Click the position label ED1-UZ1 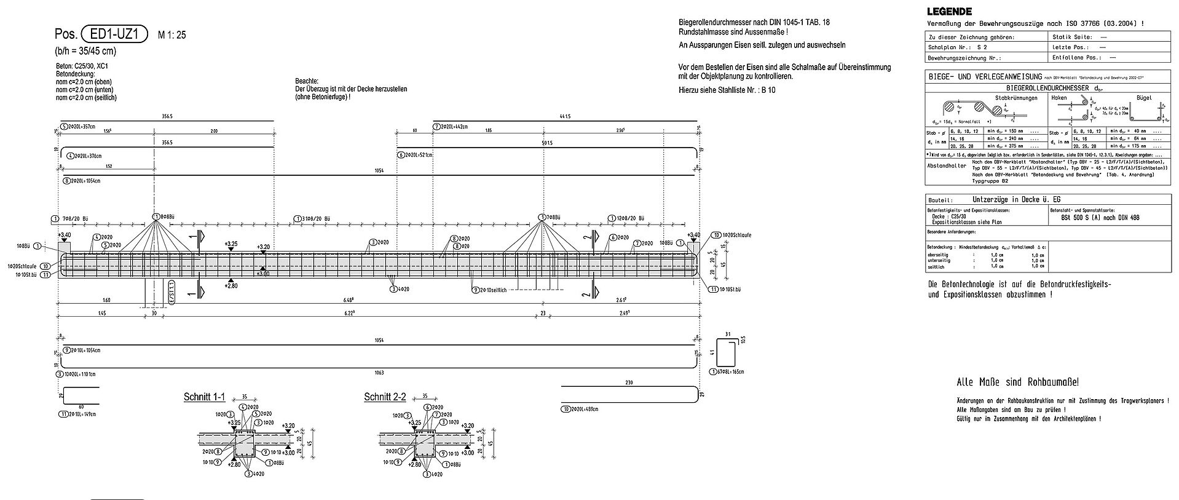115,34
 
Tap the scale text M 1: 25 172,35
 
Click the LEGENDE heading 949,11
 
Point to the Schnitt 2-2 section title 385,397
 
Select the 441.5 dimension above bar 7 564,116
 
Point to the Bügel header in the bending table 1143,98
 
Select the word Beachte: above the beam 307,81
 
